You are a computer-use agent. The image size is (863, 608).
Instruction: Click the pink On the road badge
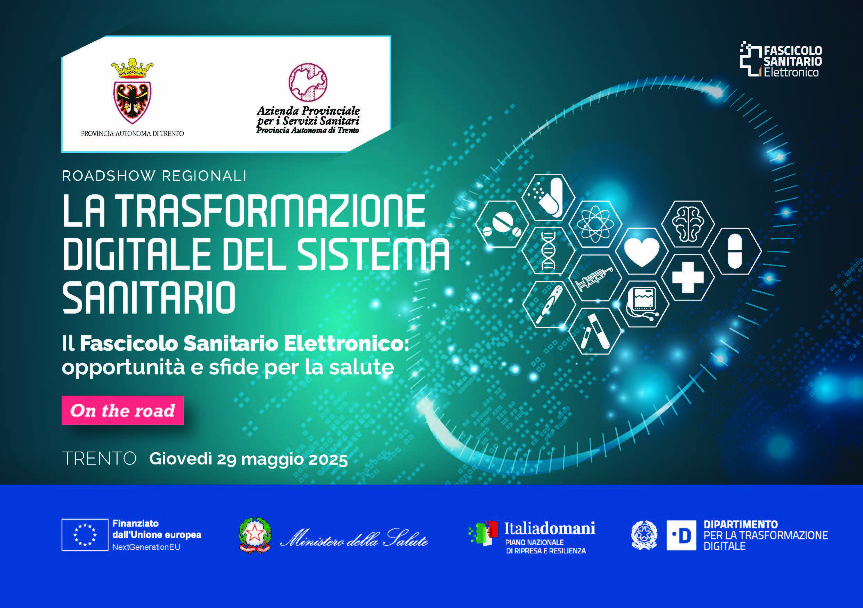(x=122, y=410)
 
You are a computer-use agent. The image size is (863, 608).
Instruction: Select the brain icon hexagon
(x=687, y=224)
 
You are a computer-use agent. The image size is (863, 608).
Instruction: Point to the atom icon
(x=596, y=224)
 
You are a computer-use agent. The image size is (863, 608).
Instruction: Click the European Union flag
(x=85, y=535)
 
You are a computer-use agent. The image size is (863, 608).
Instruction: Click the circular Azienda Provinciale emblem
(x=308, y=82)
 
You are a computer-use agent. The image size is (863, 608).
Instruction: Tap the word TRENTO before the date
(x=99, y=459)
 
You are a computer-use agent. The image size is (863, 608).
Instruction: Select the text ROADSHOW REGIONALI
(x=154, y=176)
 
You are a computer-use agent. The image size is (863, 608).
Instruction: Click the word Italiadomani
(x=550, y=528)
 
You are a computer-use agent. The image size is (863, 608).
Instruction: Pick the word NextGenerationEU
(x=146, y=547)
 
